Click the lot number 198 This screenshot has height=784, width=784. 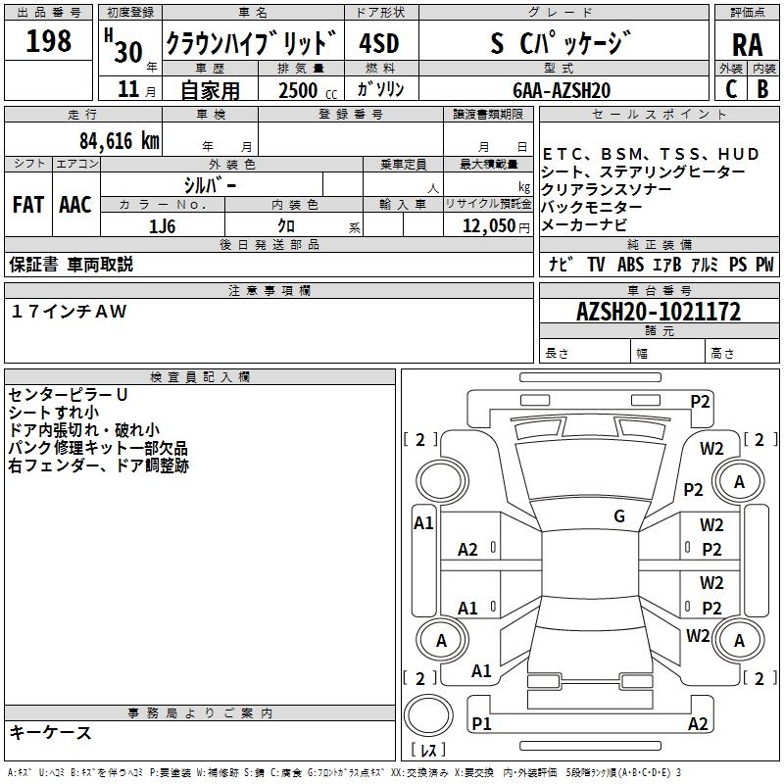point(48,41)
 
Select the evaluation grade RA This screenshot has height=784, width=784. point(747,43)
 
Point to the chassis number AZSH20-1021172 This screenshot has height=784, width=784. point(658,313)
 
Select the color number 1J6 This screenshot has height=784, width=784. point(163,225)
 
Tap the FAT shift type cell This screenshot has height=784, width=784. point(27,205)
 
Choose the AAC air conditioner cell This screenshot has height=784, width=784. point(74,205)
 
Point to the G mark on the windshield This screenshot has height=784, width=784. point(619,516)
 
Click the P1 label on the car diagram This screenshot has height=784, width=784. point(481,723)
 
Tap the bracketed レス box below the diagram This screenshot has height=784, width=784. point(427,750)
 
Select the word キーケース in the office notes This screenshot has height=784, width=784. point(51,733)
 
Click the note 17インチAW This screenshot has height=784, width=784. point(70,311)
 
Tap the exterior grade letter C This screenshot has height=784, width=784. point(730,89)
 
